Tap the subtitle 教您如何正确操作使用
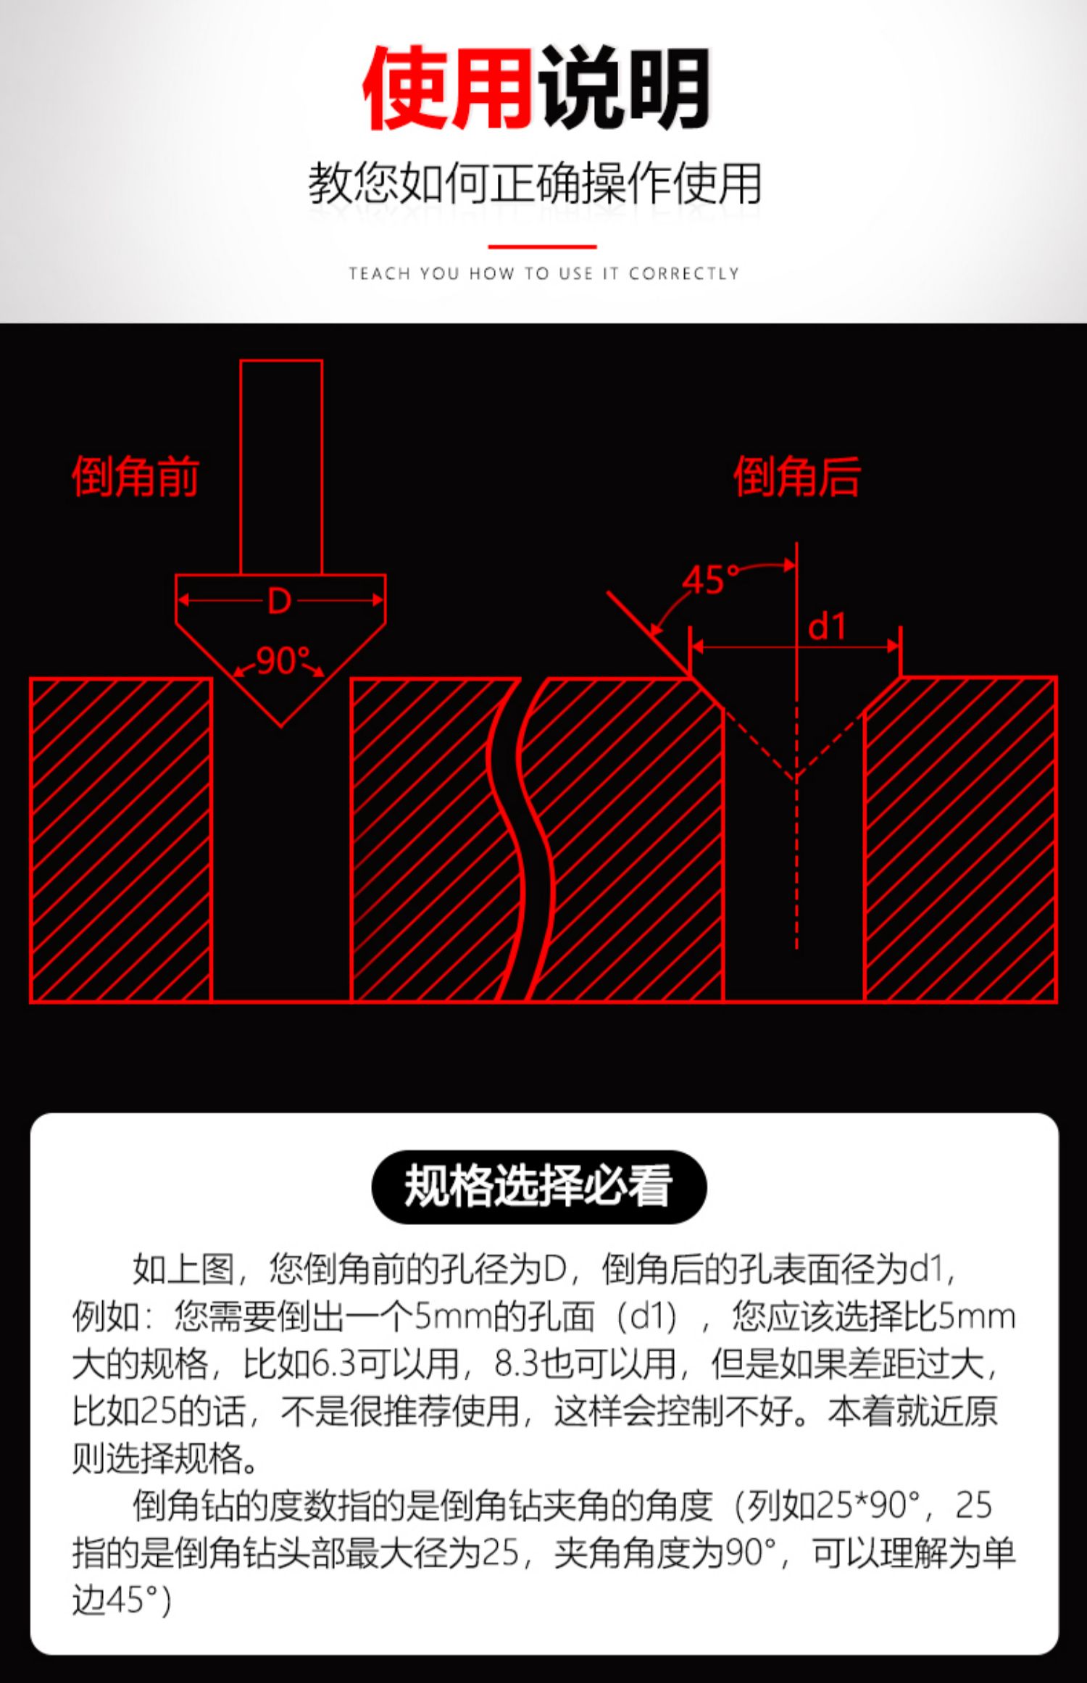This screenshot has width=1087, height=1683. coord(535,183)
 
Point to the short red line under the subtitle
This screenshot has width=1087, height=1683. coord(542,246)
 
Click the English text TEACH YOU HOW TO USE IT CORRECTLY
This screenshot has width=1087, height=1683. coord(543,273)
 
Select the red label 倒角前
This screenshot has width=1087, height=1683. coord(136,477)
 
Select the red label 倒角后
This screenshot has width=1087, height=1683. coord(797,477)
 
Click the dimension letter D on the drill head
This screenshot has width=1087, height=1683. coord(280,601)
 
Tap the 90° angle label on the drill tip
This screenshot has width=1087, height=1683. coord(282,660)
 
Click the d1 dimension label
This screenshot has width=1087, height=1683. coord(827,626)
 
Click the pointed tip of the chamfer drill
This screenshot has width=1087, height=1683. coord(280,723)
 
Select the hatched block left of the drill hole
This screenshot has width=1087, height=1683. coord(121,839)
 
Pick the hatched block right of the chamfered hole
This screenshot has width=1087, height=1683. coord(960,839)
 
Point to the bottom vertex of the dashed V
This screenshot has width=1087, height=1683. coord(796,777)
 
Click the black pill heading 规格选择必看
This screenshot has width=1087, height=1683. coord(538,1187)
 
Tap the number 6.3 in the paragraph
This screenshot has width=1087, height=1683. coord(335,1363)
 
